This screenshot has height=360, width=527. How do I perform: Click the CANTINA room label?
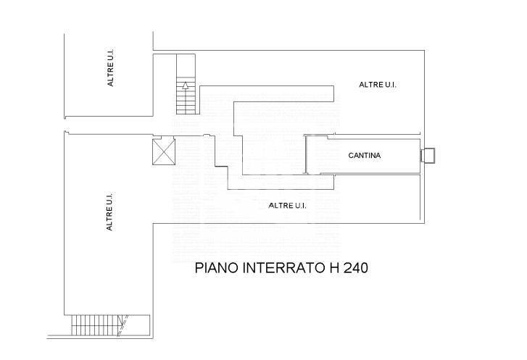click(365, 156)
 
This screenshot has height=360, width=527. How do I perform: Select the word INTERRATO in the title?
click(283, 268)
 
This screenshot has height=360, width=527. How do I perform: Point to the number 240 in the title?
click(355, 268)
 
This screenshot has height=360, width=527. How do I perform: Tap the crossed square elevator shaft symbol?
click(164, 152)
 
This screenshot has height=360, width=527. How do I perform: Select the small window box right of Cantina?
click(428, 156)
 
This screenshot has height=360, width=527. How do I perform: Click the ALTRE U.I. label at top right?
click(378, 85)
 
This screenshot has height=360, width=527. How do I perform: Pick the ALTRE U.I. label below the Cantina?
click(287, 206)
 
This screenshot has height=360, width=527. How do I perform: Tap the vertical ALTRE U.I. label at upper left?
click(110, 67)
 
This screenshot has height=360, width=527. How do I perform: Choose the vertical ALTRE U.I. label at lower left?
click(109, 212)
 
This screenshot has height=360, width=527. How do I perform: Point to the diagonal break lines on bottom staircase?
click(123, 325)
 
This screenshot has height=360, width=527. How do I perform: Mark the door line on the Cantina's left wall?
click(305, 154)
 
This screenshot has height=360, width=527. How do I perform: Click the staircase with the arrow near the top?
click(186, 84)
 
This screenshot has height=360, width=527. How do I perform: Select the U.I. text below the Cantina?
click(300, 206)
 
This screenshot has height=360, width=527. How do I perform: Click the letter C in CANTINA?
click(351, 156)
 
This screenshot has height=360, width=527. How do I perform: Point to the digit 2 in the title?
click(347, 268)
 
